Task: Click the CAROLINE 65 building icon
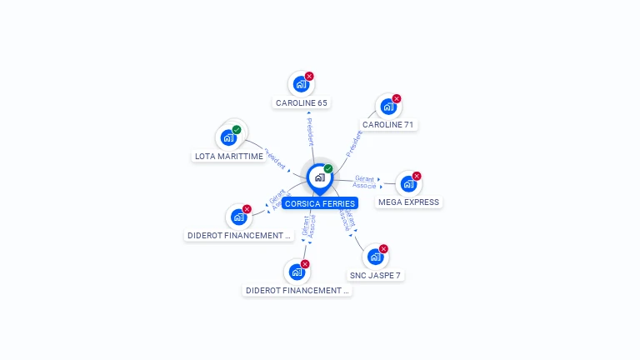coord(300,84)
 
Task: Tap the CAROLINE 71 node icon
coord(387,107)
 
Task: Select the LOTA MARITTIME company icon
coord(228,137)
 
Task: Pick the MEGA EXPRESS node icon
coord(408,184)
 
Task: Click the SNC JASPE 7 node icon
coord(375,257)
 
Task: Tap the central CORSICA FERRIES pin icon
coord(319,177)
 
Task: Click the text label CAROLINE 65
coord(302,103)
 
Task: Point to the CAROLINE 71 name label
coord(387,125)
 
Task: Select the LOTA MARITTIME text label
coord(229,156)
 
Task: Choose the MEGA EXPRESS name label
coord(408,202)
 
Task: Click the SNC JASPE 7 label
coord(375,275)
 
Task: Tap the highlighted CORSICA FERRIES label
coord(320,203)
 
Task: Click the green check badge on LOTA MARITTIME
coord(237,129)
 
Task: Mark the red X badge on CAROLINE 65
coord(309,76)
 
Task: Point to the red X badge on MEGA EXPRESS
coord(417,176)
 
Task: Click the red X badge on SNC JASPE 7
coord(383,248)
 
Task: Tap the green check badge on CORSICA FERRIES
coord(328,168)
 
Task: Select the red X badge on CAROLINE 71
coord(397,98)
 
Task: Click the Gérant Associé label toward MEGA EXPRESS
coord(364,181)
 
